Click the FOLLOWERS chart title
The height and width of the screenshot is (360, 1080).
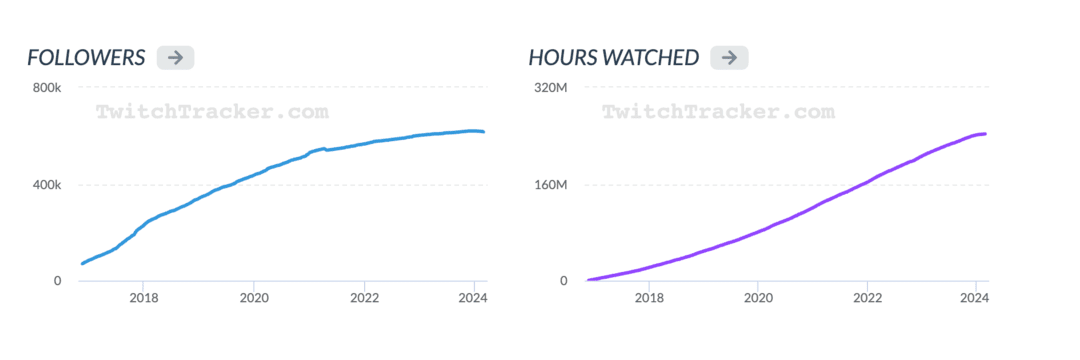pyautogui.click(x=87, y=58)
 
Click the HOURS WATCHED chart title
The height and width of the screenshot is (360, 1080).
pyautogui.click(x=613, y=58)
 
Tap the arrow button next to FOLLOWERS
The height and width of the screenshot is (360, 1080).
pyautogui.click(x=175, y=57)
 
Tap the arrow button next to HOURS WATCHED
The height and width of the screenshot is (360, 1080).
pyautogui.click(x=729, y=57)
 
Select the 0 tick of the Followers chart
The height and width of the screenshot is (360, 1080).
pyautogui.click(x=58, y=281)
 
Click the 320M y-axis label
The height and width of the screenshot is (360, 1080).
pyautogui.click(x=551, y=88)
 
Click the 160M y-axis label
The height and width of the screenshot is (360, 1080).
pyautogui.click(x=551, y=185)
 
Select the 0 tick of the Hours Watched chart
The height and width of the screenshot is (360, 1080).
pyautogui.click(x=564, y=281)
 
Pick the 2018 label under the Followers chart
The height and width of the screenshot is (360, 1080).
pyautogui.click(x=144, y=298)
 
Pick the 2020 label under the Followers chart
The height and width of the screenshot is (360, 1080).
pyautogui.click(x=255, y=298)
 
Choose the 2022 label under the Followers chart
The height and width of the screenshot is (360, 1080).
pyautogui.click(x=365, y=298)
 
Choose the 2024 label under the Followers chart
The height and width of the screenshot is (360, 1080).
pyautogui.click(x=472, y=298)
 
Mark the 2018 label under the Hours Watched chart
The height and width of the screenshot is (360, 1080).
pyautogui.click(x=650, y=298)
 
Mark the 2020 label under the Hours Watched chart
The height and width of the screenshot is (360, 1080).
pyautogui.click(x=760, y=298)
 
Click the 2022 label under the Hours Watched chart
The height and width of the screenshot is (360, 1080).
pyautogui.click(x=868, y=298)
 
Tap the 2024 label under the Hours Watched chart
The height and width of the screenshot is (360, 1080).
pyautogui.click(x=975, y=298)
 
